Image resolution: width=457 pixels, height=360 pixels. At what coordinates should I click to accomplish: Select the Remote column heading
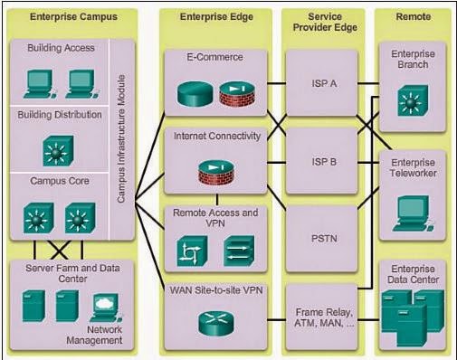click(412, 16)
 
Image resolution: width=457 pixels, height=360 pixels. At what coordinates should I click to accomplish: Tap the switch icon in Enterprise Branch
click(412, 100)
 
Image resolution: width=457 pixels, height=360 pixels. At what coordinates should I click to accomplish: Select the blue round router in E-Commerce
click(191, 92)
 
